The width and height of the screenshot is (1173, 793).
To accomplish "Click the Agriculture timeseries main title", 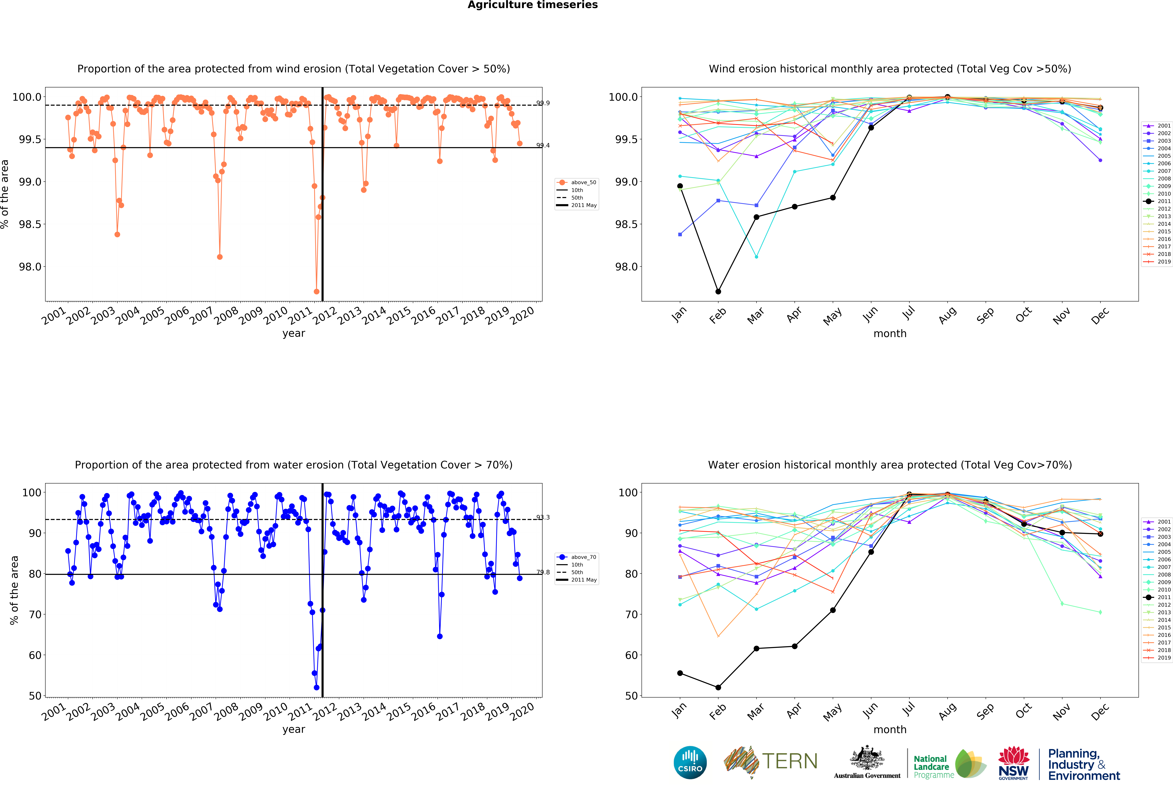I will (532, 5).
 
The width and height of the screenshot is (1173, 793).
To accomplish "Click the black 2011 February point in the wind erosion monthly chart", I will (718, 291).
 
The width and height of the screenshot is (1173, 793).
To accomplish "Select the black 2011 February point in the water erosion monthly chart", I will (718, 687).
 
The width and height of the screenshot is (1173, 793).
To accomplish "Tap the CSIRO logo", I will (690, 762).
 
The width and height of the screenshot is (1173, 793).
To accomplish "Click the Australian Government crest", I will (867, 758).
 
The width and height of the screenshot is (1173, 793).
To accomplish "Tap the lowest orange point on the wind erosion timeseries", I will (316, 291).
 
